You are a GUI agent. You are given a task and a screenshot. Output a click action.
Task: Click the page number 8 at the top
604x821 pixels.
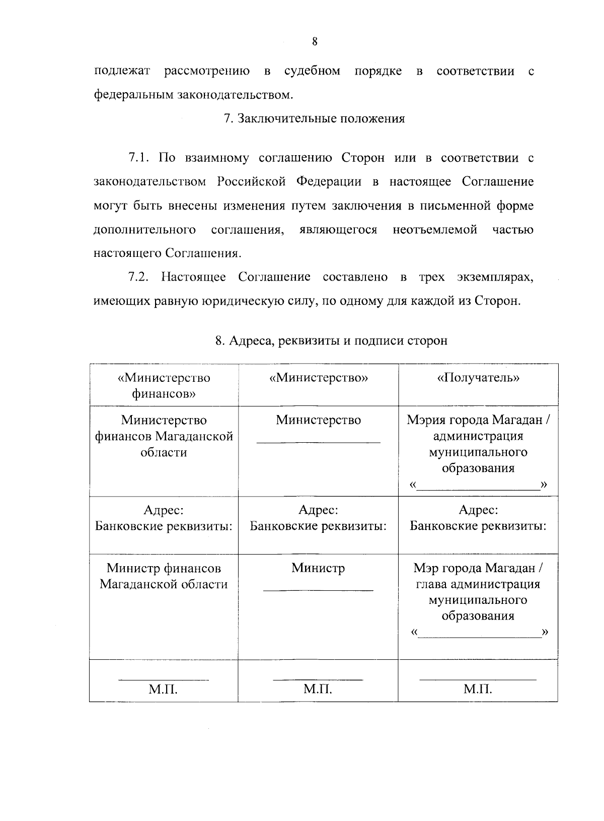tap(315, 42)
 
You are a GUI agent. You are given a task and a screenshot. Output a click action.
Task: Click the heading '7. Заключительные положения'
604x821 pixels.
tap(314, 119)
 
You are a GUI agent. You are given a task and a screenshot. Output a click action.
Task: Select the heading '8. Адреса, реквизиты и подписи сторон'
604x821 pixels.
tap(331, 341)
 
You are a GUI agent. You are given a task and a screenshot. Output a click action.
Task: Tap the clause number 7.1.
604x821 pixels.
tap(139, 158)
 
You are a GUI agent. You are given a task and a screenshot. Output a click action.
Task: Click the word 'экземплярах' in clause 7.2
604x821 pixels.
tap(495, 277)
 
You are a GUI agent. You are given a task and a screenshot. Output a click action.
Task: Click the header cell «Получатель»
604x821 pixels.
tap(478, 378)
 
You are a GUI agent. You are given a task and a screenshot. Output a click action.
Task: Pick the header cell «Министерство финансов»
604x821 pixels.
tap(164, 385)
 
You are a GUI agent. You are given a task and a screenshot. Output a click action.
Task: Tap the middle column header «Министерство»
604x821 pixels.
tap(318, 378)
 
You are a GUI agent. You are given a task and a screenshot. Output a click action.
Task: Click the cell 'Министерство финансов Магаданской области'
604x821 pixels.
tap(164, 436)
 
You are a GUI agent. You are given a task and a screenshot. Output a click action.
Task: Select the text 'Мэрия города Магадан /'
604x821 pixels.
tap(478, 420)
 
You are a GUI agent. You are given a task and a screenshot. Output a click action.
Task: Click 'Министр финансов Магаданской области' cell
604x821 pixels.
tap(164, 576)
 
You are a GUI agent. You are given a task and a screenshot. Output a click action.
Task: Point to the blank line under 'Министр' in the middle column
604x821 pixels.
tap(318, 589)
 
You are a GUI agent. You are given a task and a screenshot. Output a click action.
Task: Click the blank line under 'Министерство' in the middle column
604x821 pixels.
tap(318, 442)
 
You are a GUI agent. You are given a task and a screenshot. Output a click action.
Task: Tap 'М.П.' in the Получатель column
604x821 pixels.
tap(478, 689)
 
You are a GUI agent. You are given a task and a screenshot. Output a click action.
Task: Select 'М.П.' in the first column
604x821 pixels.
tap(163, 689)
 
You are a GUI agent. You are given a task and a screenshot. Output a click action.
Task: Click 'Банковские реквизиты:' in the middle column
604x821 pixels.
tap(318, 526)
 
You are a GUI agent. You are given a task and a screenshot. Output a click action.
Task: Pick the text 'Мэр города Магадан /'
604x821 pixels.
tap(478, 568)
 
